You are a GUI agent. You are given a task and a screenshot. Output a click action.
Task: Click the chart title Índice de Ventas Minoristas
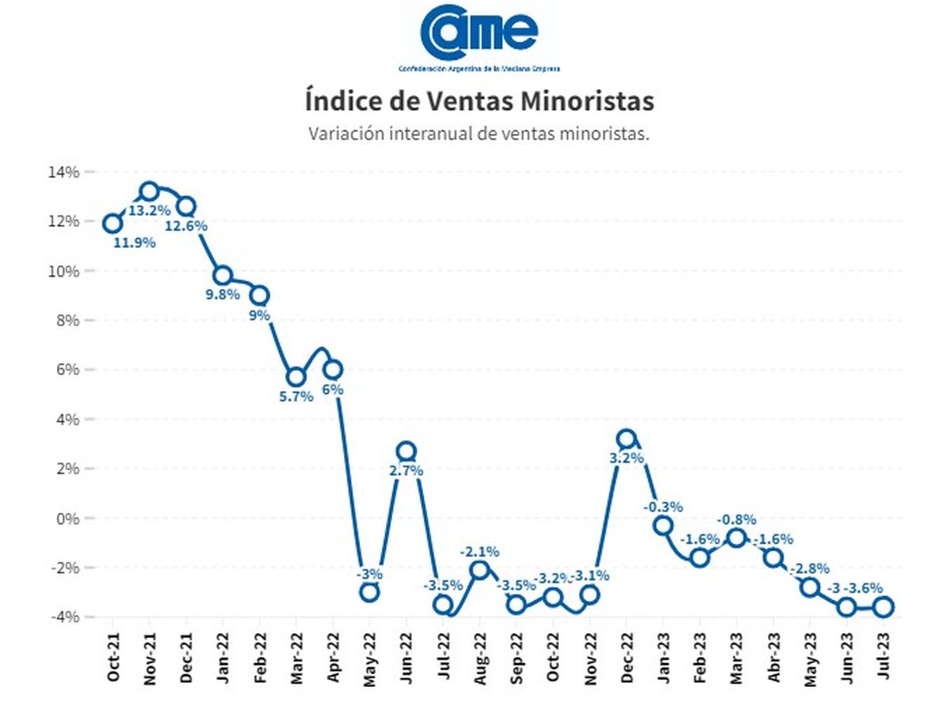pos(479,102)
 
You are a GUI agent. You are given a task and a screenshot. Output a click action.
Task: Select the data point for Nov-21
pos(149,191)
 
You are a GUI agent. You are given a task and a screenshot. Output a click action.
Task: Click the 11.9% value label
pos(134,243)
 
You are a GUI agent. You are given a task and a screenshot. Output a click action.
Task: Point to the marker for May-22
pos(369,592)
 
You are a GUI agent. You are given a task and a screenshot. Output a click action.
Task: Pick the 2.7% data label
pos(406,470)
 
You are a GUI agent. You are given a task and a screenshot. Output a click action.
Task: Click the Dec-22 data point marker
pos(626,439)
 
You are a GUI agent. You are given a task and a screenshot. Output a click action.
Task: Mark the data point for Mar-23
pos(736,538)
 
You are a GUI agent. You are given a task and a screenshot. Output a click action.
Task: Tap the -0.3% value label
pos(663,507)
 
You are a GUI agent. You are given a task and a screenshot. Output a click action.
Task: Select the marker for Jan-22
pos(223,275)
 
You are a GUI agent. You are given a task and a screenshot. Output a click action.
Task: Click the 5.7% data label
pos(297,397)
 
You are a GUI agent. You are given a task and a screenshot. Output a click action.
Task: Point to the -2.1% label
pos(479,551)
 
